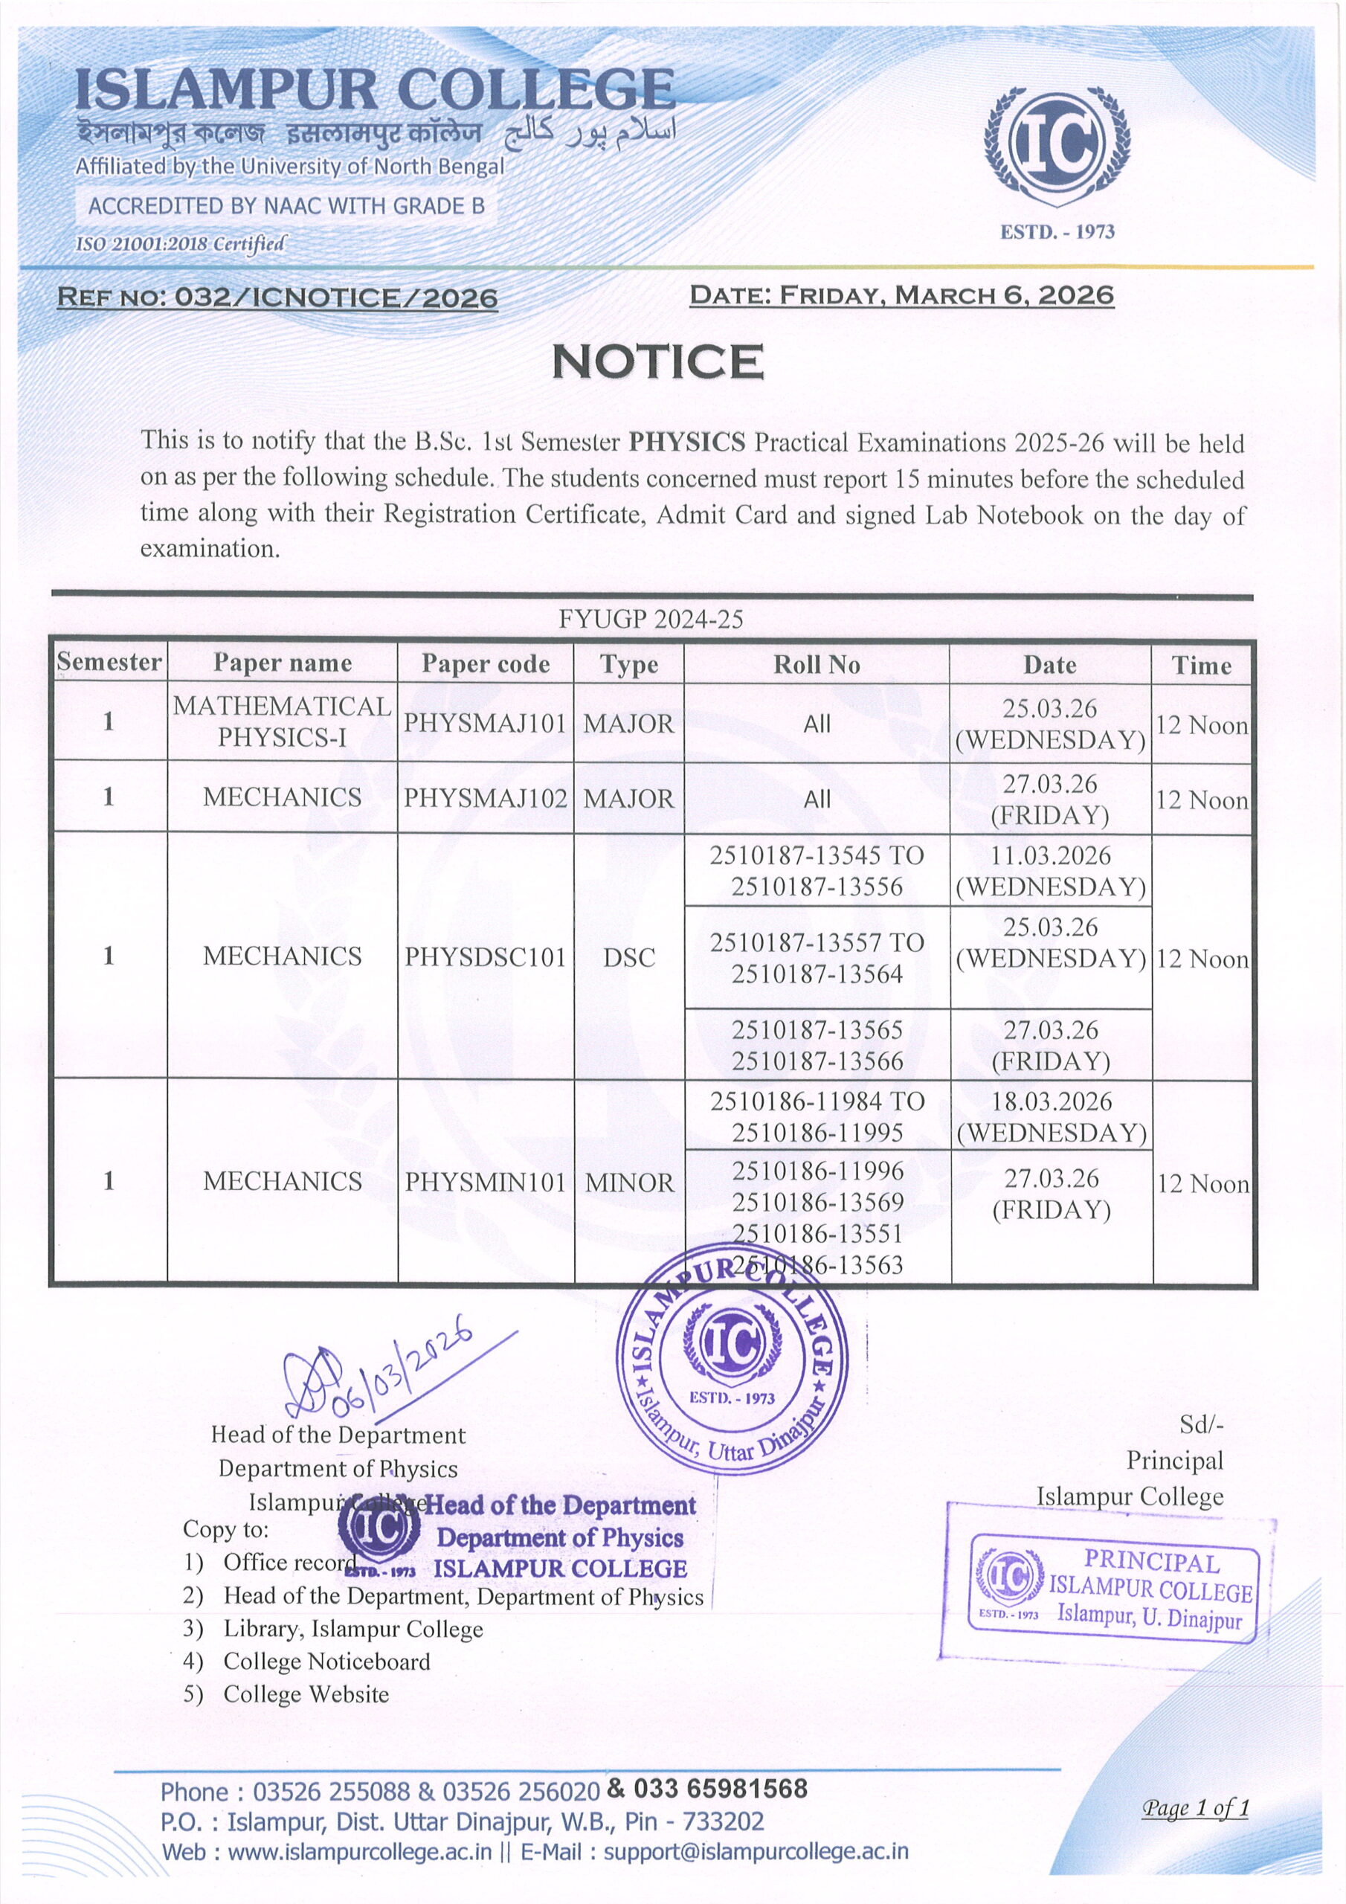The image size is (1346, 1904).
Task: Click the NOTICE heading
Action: coord(657,362)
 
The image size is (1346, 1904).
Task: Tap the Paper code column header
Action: coord(485,663)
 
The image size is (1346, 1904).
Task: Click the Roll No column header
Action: coord(816,664)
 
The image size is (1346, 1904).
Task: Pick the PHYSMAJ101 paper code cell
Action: coord(485,723)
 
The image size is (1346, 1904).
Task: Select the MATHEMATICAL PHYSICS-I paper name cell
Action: coord(282,721)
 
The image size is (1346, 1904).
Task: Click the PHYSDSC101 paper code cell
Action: coord(485,957)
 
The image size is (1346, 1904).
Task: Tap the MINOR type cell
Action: coord(629,1183)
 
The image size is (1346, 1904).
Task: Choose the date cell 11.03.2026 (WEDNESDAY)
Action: coord(1051,871)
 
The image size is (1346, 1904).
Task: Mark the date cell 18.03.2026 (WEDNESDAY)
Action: coord(1051,1116)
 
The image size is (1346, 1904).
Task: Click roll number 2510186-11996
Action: coord(817,1170)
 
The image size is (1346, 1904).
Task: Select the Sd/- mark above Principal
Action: coord(1201,1424)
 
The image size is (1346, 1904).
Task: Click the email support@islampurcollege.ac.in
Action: coord(756,1851)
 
